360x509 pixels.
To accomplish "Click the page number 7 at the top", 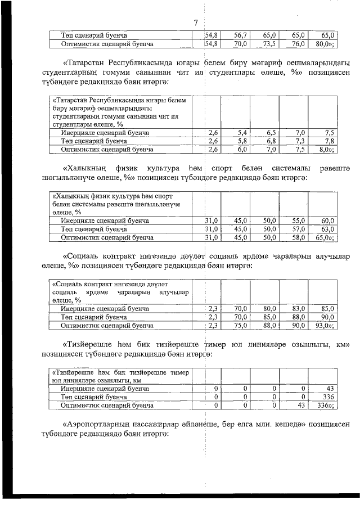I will pyautogui.click(x=195, y=23).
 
